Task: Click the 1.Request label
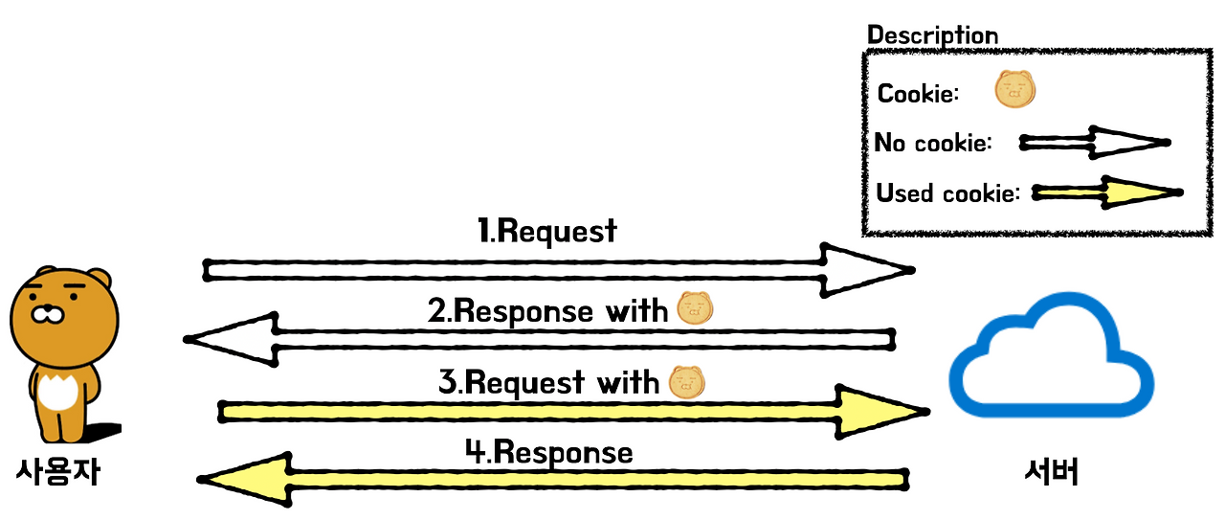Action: tap(546, 231)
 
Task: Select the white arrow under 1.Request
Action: tap(558, 270)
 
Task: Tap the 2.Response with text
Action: tap(547, 311)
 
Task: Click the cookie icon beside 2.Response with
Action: tap(695, 308)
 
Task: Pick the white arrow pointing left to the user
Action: tap(539, 339)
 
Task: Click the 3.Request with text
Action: tap(548, 382)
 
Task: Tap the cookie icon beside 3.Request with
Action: tap(687, 381)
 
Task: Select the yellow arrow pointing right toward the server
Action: tap(573, 412)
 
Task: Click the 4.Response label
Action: tap(549, 452)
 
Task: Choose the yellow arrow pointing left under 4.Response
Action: tap(552, 480)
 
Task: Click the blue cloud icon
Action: tap(1051, 354)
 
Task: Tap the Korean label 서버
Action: tap(1051, 472)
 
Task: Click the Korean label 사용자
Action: tap(58, 471)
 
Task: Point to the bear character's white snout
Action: tap(48, 314)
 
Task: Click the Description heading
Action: tap(932, 35)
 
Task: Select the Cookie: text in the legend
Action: tap(918, 94)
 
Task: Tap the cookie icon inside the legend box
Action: tap(1015, 89)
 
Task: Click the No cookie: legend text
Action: tap(933, 143)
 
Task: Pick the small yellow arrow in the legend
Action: tap(1107, 192)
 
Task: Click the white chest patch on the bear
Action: tap(57, 392)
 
